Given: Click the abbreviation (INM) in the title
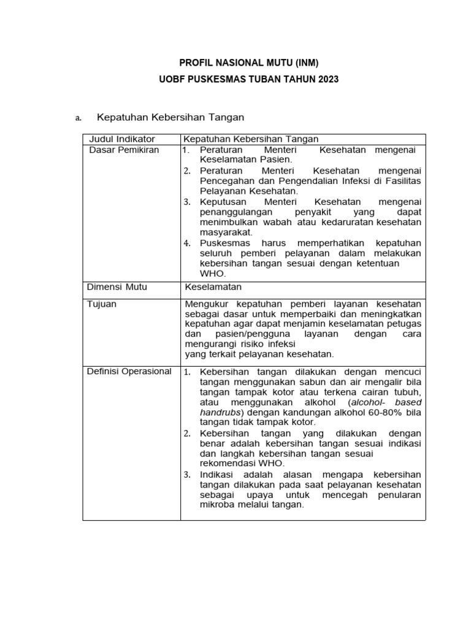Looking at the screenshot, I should click(x=303, y=62).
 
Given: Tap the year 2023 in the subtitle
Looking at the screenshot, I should click(x=326, y=80).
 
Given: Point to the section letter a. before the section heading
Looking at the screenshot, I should click(x=78, y=117).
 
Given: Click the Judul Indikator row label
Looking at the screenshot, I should click(x=122, y=139).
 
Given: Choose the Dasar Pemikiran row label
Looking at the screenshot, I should click(x=124, y=150).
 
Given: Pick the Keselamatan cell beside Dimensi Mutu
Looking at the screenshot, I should click(x=213, y=286).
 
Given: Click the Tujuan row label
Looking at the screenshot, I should click(x=102, y=304).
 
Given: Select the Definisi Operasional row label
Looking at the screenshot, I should click(x=130, y=371).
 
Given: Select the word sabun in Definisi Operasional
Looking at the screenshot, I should click(x=310, y=381).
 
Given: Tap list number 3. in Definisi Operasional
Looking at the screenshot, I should click(x=187, y=475).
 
